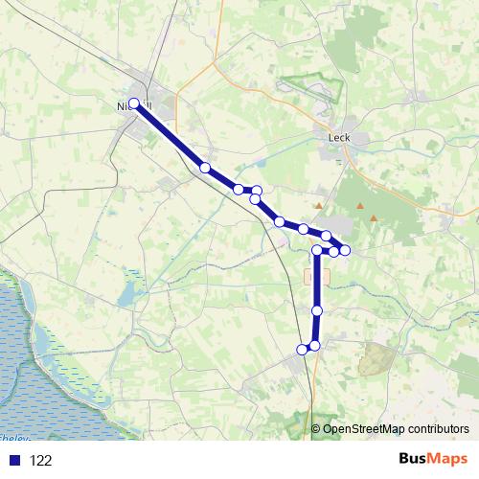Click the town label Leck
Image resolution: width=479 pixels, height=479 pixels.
pyautogui.click(x=339, y=137)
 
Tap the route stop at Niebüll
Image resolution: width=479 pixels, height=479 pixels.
pyautogui.click(x=134, y=103)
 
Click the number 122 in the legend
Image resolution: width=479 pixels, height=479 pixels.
pyautogui.click(x=41, y=461)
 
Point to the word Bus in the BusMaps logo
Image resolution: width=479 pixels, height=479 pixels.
pyautogui.click(x=413, y=459)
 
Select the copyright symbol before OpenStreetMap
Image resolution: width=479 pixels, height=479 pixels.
pyautogui.click(x=316, y=429)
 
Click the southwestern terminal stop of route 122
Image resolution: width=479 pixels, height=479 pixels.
pyautogui.click(x=302, y=350)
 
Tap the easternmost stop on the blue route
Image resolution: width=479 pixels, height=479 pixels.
pyautogui.click(x=345, y=250)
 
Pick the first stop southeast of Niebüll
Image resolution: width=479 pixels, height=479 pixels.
pyautogui.click(x=204, y=168)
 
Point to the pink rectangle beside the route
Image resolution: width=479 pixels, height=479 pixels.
pyautogui.click(x=316, y=276)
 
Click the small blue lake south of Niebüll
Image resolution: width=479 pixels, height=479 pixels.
pyautogui.click(x=127, y=293)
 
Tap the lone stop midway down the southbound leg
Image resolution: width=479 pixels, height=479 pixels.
pyautogui.click(x=316, y=310)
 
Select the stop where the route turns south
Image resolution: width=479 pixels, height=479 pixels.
pyautogui.click(x=317, y=250)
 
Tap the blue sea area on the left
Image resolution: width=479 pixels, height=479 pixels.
pyautogui.click(x=38, y=364)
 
